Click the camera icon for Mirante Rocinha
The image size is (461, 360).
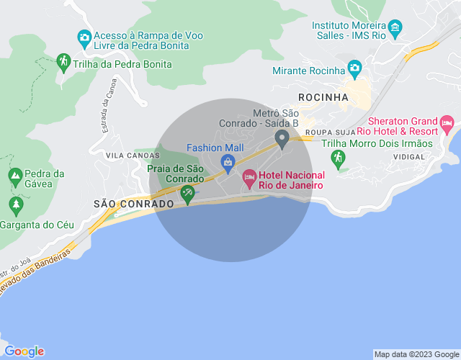pyautogui.click(x=354, y=69)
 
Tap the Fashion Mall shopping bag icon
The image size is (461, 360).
pyautogui.click(x=228, y=161)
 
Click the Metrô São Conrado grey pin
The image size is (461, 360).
pyautogui.click(x=282, y=138)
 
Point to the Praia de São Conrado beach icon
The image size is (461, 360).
pyautogui.click(x=187, y=193)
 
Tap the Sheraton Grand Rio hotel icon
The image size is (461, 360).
pyautogui.click(x=447, y=123)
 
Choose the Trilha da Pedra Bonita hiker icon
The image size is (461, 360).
pyautogui.click(x=63, y=61)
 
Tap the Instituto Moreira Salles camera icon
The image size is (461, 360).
pyautogui.click(x=395, y=30)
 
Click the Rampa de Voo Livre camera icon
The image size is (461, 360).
pyautogui.click(x=84, y=37)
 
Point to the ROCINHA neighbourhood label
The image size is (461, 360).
pyautogui.click(x=323, y=97)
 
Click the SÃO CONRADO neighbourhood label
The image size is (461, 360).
pyautogui.click(x=134, y=204)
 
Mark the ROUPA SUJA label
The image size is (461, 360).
pyautogui.click(x=331, y=132)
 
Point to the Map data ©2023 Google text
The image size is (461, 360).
pyautogui.click(x=416, y=354)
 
